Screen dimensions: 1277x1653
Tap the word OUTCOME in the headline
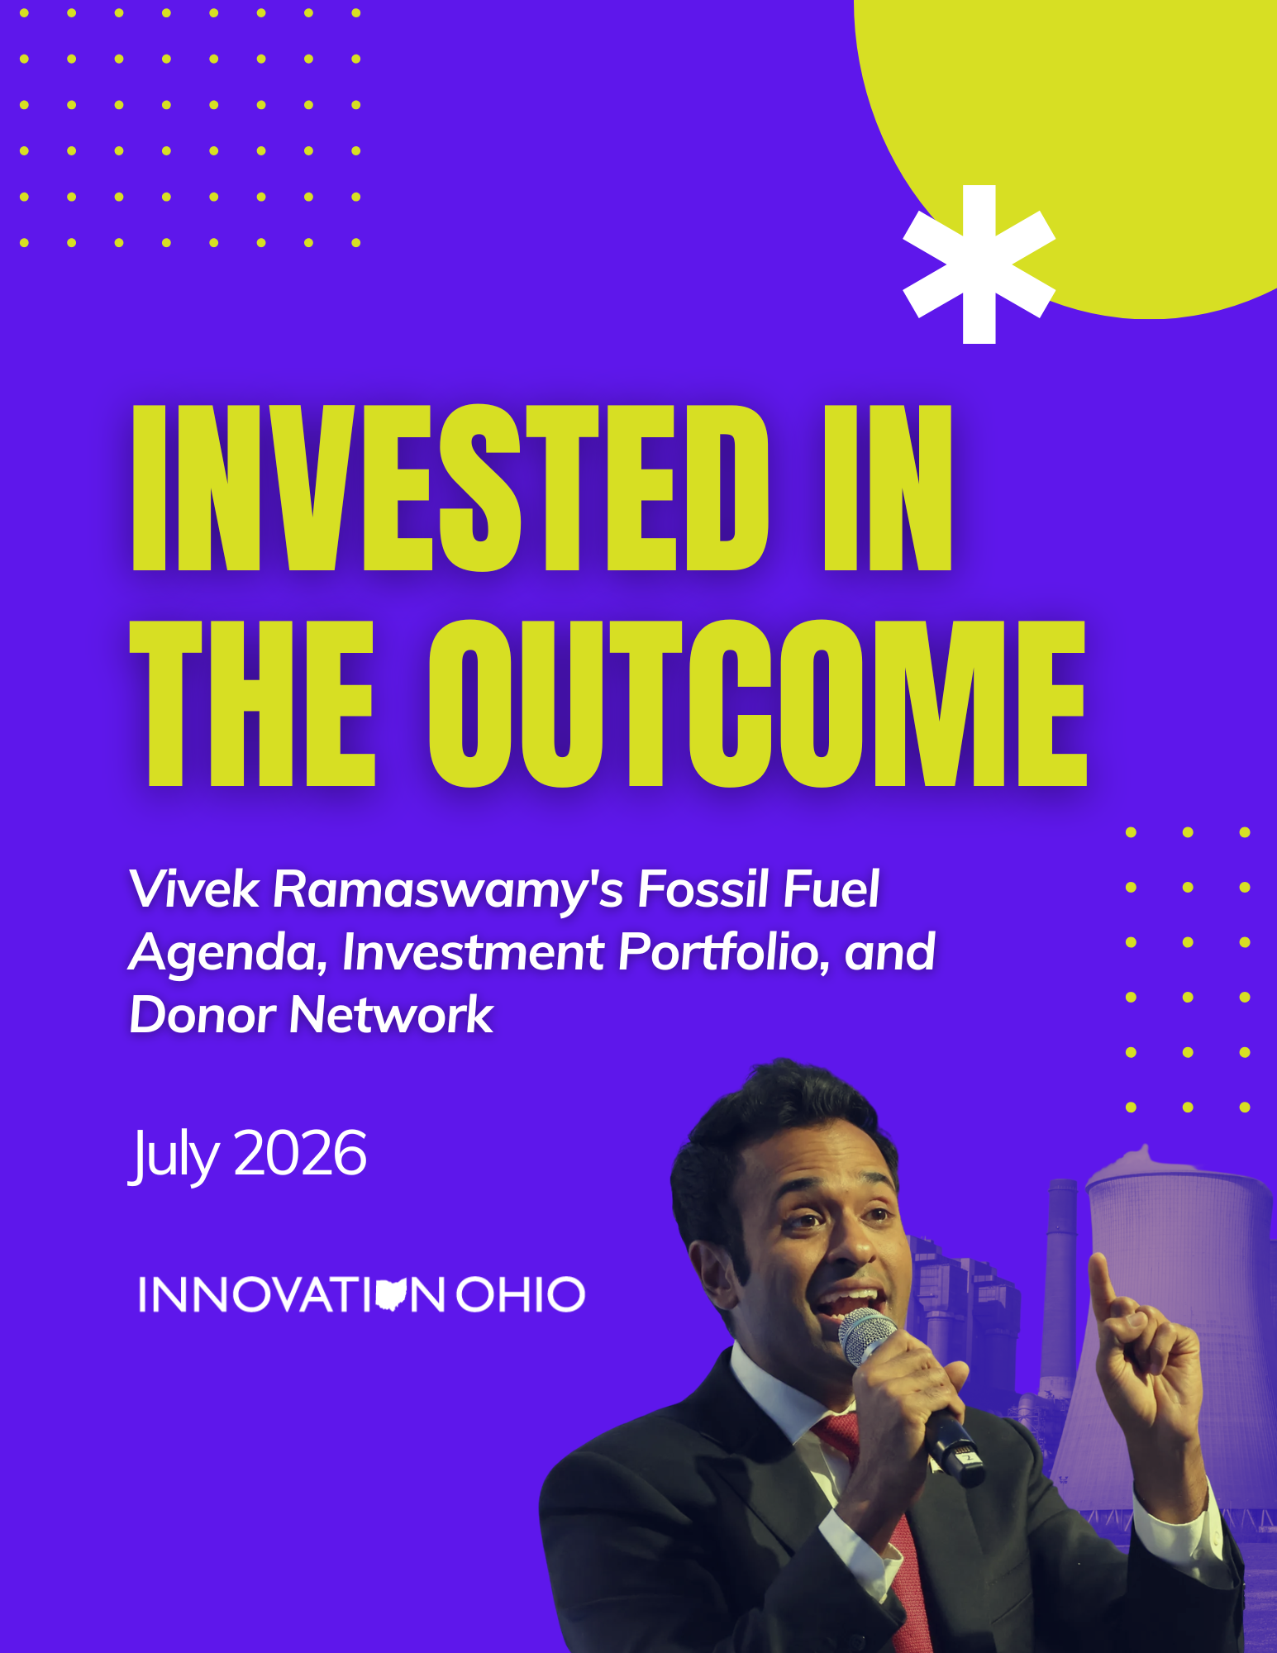[x=758, y=703]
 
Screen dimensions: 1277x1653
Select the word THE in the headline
[x=253, y=703]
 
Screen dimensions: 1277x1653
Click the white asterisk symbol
[x=979, y=264]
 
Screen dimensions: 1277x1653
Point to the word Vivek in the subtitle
[x=194, y=889]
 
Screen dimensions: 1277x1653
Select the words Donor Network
[x=312, y=1015]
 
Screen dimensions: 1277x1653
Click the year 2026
[x=300, y=1153]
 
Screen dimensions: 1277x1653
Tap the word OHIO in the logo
[x=521, y=1294]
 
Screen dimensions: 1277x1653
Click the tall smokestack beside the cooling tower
[x=1060, y=1289]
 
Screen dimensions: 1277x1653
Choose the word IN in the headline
[x=888, y=488]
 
